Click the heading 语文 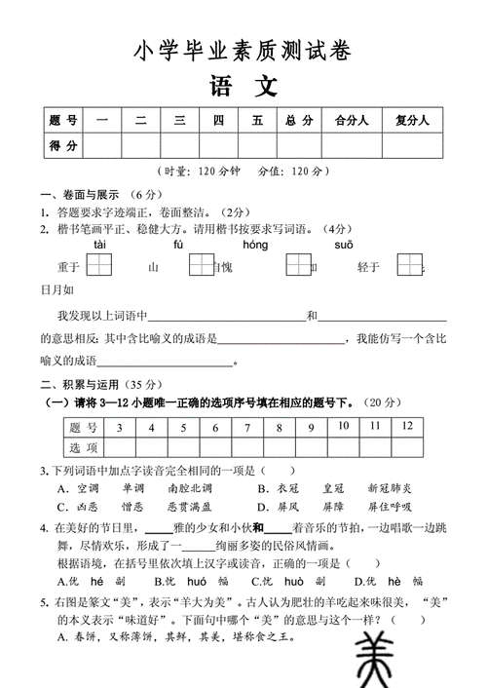pos(243,87)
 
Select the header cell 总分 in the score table pos(299,121)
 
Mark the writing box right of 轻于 pos(410,265)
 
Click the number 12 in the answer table pos(407,426)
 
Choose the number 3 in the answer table pos(119,427)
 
